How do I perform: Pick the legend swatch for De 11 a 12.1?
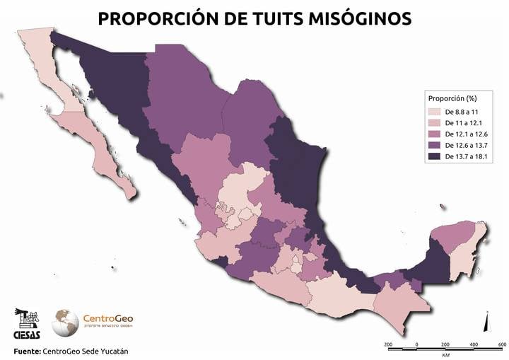[432, 123]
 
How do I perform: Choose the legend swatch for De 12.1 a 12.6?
[432, 134]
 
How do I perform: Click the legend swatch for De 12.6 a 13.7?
[432, 145]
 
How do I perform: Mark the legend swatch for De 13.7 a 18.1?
[432, 156]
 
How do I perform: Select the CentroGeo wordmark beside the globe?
[107, 319]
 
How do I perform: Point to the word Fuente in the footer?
[26, 351]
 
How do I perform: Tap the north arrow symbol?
[486, 323]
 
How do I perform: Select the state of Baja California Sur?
[95, 141]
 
